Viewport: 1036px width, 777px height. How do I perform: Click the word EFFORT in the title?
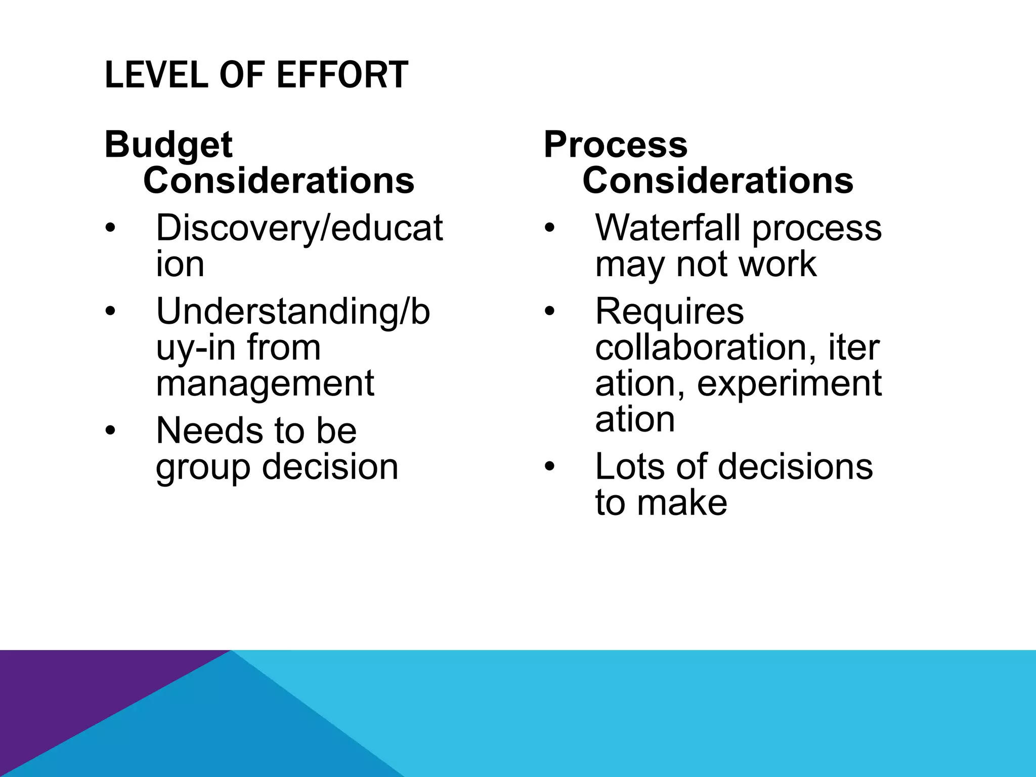(x=342, y=75)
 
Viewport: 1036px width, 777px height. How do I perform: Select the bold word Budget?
(x=168, y=145)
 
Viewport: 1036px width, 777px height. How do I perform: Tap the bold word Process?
(x=615, y=145)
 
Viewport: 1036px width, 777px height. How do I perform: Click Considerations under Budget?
(x=279, y=181)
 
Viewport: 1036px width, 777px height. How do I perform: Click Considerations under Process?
(x=718, y=181)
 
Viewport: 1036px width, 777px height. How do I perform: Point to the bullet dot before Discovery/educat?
(x=110, y=229)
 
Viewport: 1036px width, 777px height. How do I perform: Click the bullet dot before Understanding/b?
(x=110, y=312)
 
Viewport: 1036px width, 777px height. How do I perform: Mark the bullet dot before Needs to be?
(x=110, y=431)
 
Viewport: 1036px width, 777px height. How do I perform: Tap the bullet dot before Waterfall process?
(x=550, y=229)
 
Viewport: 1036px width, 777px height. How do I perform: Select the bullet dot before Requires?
(x=550, y=312)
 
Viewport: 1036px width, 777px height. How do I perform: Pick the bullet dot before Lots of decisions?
(x=550, y=467)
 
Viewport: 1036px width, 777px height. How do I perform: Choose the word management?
(x=265, y=383)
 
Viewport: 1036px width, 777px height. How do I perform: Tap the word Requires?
(x=669, y=313)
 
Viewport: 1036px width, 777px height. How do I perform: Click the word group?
(x=203, y=468)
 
